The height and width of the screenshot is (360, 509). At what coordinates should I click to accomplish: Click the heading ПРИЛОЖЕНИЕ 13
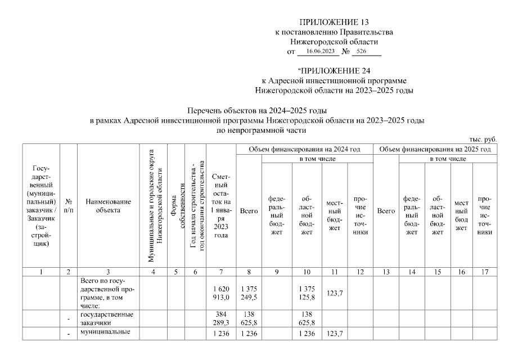(334, 22)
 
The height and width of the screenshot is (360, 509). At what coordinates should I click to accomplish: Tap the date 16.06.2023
(317, 51)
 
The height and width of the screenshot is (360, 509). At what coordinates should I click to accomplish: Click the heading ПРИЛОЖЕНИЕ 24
(334, 71)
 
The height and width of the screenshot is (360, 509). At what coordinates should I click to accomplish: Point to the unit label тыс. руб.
(483, 139)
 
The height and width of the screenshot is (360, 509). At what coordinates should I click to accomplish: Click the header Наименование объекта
(108, 205)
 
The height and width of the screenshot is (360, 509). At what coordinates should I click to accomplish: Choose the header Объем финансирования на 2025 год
(436, 149)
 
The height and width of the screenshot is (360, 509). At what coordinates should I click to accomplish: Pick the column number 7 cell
(220, 272)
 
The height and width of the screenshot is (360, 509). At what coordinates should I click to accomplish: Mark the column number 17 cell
(485, 272)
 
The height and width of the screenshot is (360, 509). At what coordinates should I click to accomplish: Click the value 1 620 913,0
(221, 291)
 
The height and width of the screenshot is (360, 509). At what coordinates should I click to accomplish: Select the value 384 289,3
(221, 319)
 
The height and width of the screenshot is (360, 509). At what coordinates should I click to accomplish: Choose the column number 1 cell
(41, 272)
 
